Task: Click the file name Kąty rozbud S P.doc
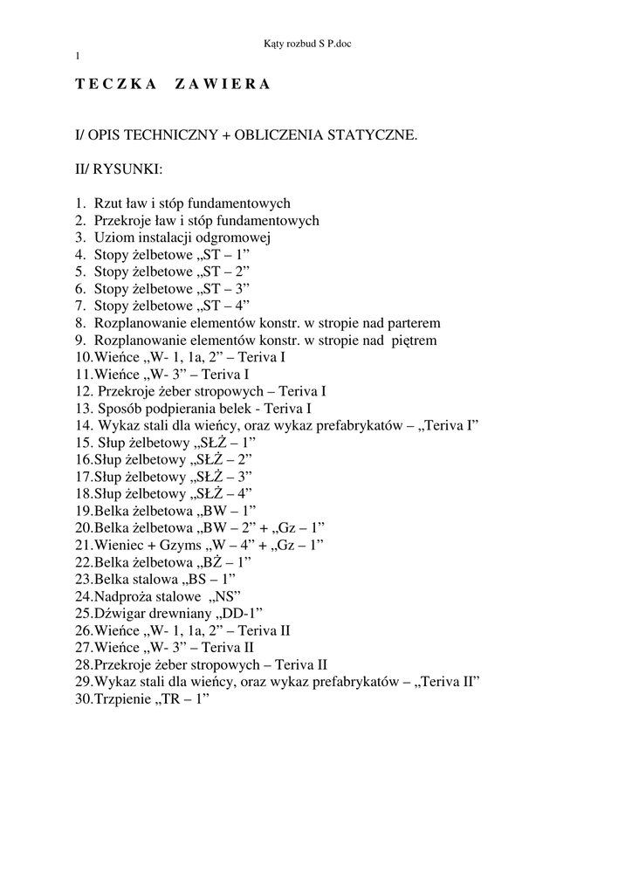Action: [313, 42]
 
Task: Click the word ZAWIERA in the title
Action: [223, 85]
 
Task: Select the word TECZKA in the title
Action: [116, 85]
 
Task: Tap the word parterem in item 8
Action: [409, 322]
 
